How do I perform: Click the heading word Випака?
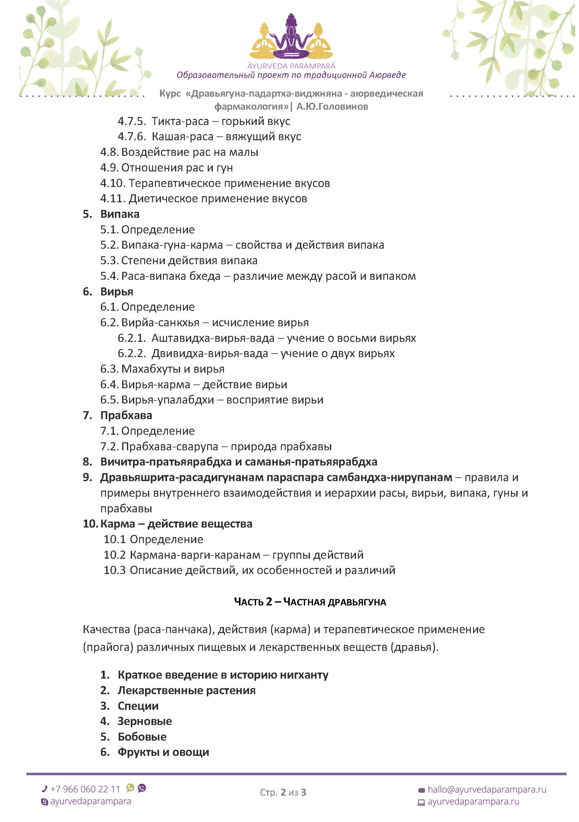120,214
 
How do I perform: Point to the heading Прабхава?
126,415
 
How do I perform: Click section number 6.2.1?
131,338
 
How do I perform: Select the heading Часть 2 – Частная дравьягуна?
310,602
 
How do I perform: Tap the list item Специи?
138,706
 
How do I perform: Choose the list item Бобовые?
142,736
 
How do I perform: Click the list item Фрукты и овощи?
163,752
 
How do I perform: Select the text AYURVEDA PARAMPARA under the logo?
291,66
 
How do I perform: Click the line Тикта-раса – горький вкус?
220,121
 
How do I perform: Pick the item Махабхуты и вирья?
173,369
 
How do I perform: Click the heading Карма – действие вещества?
176,524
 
